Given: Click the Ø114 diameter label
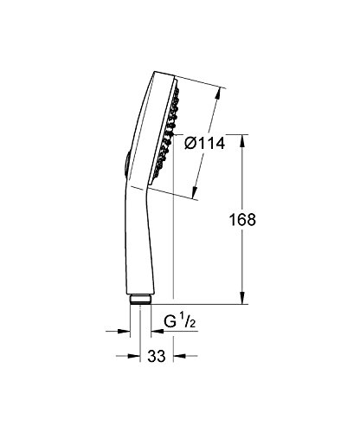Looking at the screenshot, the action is click(x=205, y=143).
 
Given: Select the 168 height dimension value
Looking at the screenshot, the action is click(x=242, y=219).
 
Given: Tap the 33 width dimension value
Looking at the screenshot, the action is click(x=157, y=356).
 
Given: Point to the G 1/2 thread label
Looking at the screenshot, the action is click(x=180, y=321).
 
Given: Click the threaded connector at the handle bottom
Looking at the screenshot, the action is click(x=140, y=300).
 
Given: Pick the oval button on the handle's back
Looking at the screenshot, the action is click(x=126, y=163).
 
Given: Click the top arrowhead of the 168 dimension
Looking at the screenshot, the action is click(x=242, y=140).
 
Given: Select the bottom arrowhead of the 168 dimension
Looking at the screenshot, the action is click(x=242, y=298).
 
